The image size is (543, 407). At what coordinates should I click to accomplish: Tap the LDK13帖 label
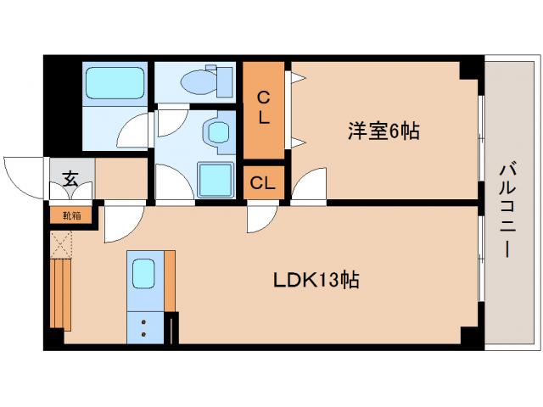click(316, 280)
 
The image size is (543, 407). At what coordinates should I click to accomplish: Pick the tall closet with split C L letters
click(264, 109)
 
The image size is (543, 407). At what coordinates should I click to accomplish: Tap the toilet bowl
click(200, 81)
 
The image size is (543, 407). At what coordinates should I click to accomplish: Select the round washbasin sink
click(217, 132)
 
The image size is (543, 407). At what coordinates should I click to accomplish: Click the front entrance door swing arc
click(22, 176)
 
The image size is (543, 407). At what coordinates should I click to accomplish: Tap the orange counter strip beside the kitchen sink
click(169, 281)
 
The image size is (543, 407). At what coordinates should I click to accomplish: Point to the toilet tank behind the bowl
click(224, 81)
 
